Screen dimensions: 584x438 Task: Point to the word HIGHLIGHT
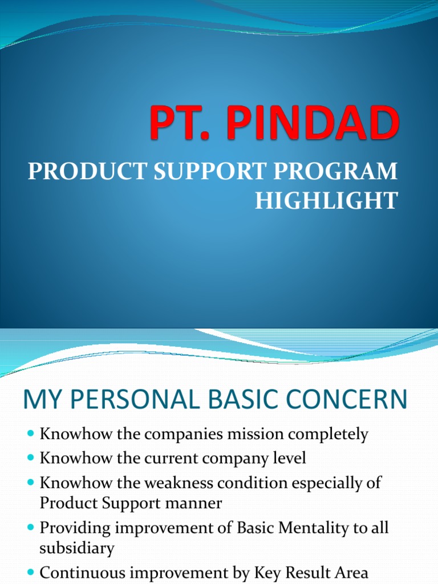pyautogui.click(x=326, y=201)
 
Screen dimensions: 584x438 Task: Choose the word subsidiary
pyautogui.click(x=77, y=549)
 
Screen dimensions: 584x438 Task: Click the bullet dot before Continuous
pyautogui.click(x=31, y=573)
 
